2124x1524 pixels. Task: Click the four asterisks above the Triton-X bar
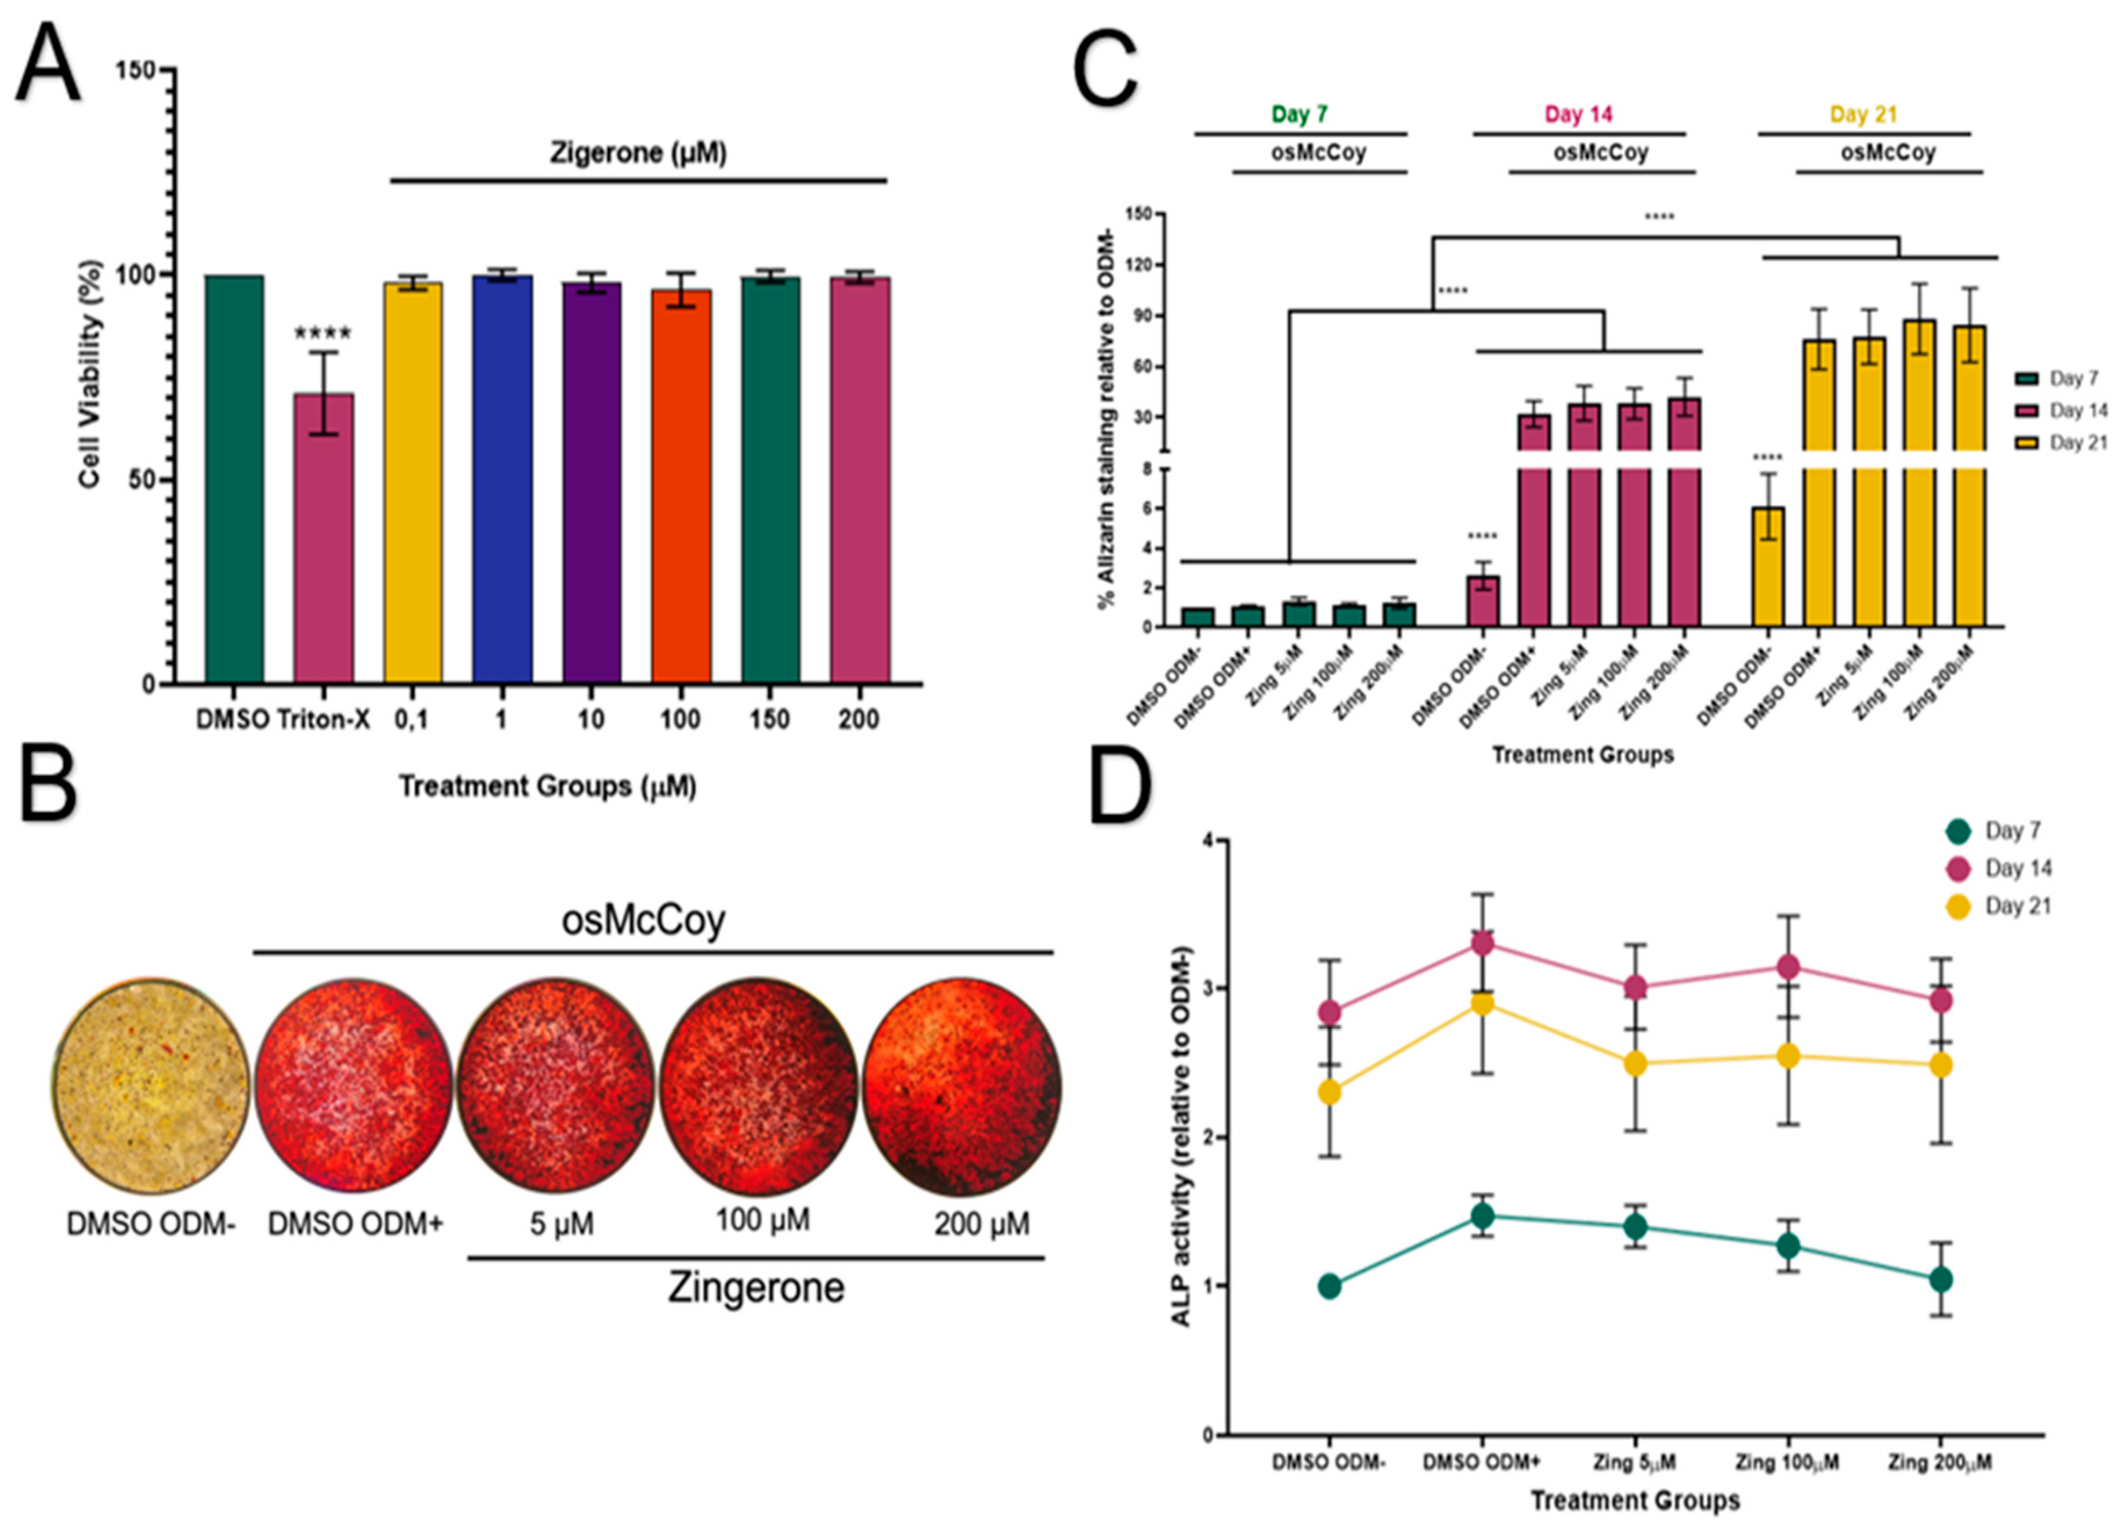[323, 332]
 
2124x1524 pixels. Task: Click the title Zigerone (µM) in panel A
[638, 153]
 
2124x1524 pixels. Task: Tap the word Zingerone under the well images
[756, 1288]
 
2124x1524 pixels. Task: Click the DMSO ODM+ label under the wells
[355, 1224]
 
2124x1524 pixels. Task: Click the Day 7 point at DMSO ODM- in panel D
[1329, 1286]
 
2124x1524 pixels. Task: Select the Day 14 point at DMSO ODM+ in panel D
[1482, 943]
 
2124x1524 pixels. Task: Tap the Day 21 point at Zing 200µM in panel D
[1941, 1065]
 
